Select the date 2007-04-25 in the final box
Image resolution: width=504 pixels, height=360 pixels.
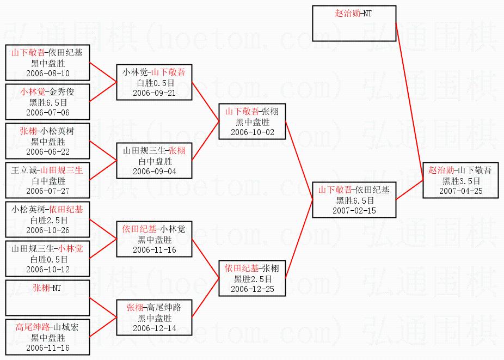pyautogui.click(x=461, y=191)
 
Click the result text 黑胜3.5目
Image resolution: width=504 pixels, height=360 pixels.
pyautogui.click(x=461, y=181)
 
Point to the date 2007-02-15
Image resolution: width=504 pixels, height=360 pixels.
pyautogui.click(x=354, y=210)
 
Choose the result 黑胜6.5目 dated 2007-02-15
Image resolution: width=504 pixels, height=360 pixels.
pyautogui.click(x=354, y=200)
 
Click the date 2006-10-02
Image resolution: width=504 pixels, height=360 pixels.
pyautogui.click(x=253, y=132)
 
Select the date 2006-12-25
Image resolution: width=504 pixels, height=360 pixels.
pyautogui.click(x=253, y=289)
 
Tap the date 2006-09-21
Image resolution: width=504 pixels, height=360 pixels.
pyautogui.click(x=154, y=93)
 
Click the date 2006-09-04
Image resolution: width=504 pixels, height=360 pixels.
pyautogui.click(x=154, y=172)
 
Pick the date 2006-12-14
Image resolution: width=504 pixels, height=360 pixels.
pyautogui.click(x=154, y=328)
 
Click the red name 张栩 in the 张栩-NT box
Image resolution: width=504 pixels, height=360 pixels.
pyautogui.click(x=40, y=288)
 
